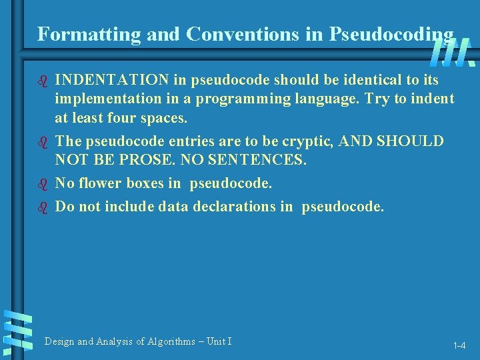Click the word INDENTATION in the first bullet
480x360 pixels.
(112, 80)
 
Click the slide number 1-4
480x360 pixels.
(459, 346)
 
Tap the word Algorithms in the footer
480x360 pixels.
(166, 341)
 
